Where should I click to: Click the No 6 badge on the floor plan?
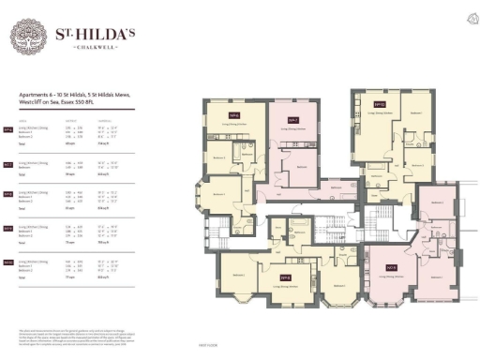[x=233, y=115]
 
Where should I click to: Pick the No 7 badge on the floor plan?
[x=293, y=120]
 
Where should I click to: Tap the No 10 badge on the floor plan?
[x=380, y=104]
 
